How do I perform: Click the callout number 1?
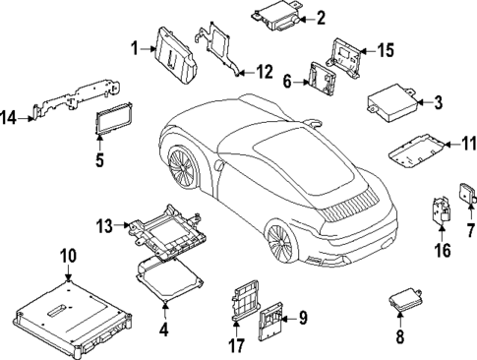click(135, 46)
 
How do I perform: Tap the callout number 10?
click(67, 258)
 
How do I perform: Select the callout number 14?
click(9, 119)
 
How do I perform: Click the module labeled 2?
click(274, 16)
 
